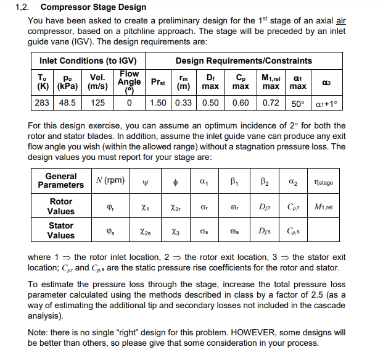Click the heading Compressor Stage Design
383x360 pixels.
click(x=93, y=7)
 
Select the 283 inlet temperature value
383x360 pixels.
click(x=42, y=102)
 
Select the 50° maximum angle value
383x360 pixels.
click(x=298, y=102)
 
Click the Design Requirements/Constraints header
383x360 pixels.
click(x=244, y=61)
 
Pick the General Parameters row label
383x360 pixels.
click(x=61, y=180)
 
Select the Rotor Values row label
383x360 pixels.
click(x=61, y=206)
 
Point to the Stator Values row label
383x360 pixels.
click(x=61, y=230)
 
